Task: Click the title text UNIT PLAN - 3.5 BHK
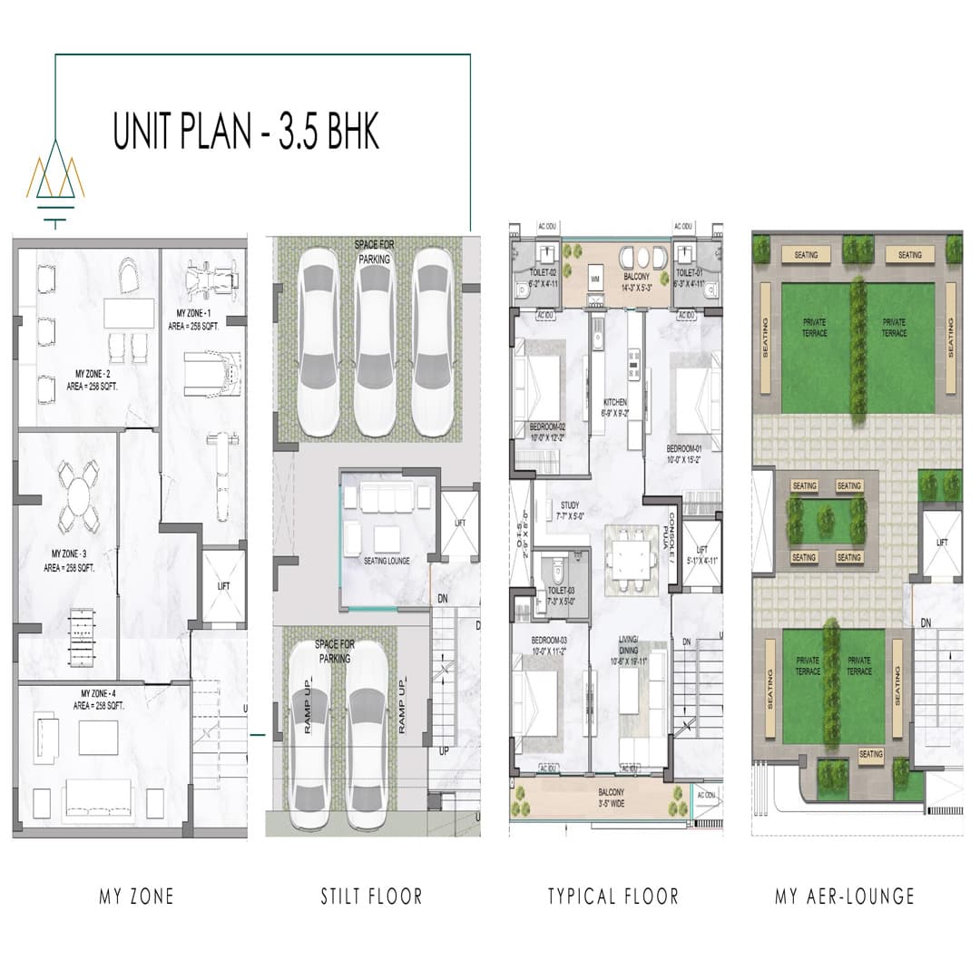point(246,131)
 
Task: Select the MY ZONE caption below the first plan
point(136,897)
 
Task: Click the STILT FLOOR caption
point(371,897)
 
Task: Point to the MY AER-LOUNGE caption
point(845,897)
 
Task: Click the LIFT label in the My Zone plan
point(224,586)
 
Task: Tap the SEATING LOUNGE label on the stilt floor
point(386,561)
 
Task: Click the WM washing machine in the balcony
point(595,279)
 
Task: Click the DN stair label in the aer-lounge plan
point(926,622)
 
